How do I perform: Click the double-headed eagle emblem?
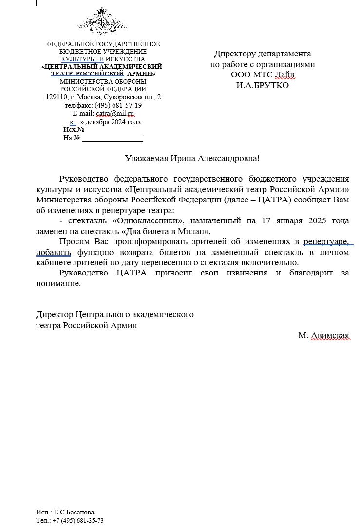click(x=102, y=22)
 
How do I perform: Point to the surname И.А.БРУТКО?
click(x=263, y=86)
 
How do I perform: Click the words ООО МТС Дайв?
click(x=263, y=75)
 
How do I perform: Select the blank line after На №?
click(x=113, y=138)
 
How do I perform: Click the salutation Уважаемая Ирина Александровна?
click(x=192, y=158)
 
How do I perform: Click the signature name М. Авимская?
click(x=324, y=336)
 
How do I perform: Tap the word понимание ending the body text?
click(x=58, y=283)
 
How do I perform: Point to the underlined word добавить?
click(x=54, y=252)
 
